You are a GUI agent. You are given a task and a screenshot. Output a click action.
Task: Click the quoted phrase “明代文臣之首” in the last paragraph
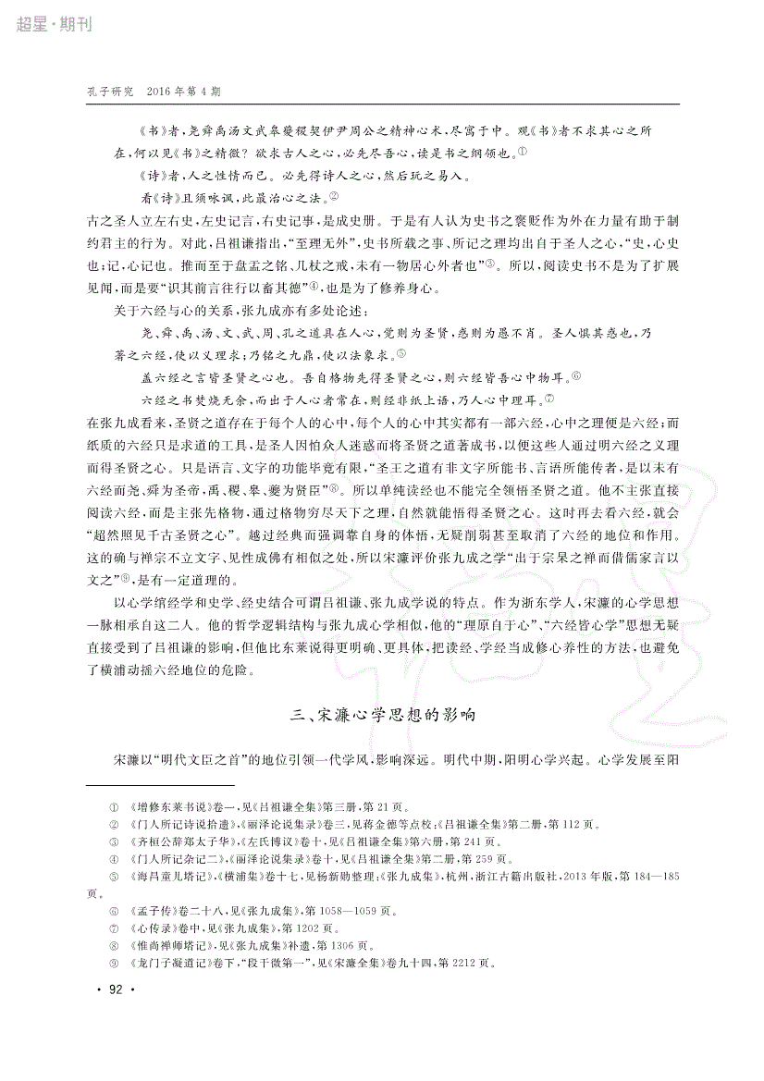[x=201, y=759]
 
